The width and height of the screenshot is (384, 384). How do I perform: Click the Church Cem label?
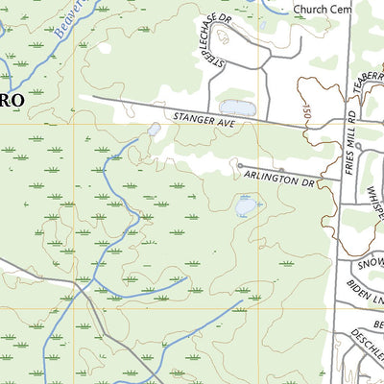pos(323,9)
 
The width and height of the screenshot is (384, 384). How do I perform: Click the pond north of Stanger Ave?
pos(237,108)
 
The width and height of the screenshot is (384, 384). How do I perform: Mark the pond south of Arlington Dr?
pos(246,205)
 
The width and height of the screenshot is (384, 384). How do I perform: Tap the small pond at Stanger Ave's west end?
pos(154,129)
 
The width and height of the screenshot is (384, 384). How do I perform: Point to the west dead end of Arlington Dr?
pos(239,165)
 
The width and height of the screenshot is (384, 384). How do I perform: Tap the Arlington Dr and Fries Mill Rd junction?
pos(342,179)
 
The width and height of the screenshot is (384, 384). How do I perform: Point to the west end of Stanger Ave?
pos(93,96)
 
